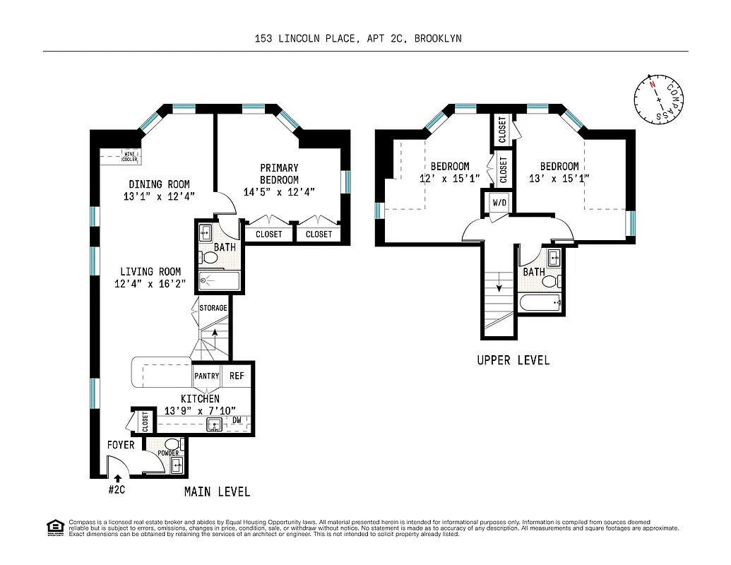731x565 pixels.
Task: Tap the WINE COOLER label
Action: point(130,157)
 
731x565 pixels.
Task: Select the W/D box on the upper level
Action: point(499,203)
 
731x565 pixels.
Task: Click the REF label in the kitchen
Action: point(237,376)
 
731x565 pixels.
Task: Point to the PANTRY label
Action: point(207,376)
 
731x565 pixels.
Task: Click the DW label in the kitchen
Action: point(237,420)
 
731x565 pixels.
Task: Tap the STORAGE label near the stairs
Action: point(213,308)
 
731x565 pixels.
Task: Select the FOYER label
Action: point(121,445)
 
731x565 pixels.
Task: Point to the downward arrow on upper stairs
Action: point(500,287)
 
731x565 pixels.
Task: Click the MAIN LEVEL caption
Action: point(217,492)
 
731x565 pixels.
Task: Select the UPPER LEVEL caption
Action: point(513,360)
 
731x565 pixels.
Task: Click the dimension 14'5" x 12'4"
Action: point(279,191)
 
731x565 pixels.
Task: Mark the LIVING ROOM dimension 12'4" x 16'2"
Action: point(150,284)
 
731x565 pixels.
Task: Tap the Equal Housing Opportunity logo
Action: point(54,528)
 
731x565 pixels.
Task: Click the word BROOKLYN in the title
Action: point(438,39)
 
